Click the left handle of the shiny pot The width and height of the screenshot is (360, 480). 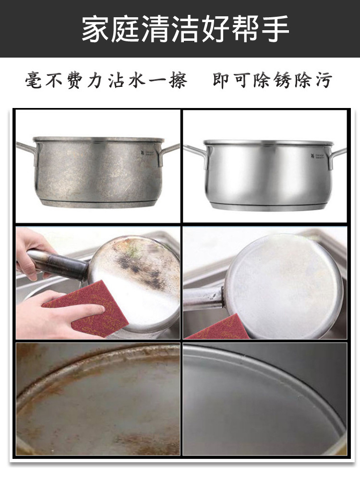click(x=196, y=153)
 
